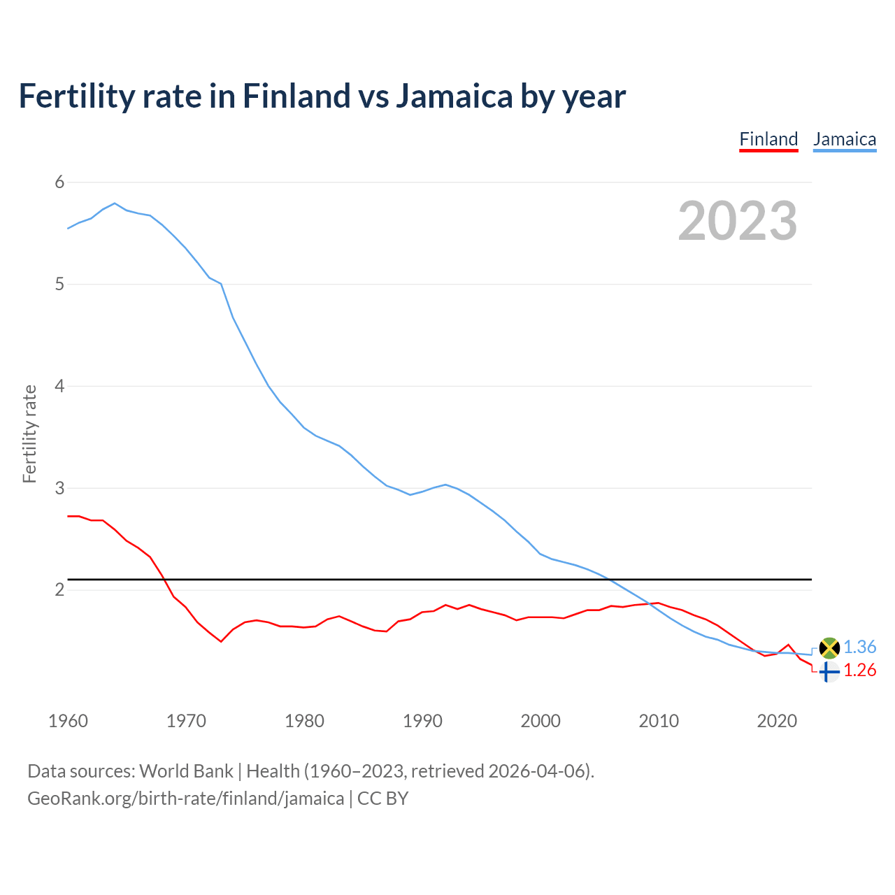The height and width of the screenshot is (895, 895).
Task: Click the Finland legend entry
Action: pos(768,139)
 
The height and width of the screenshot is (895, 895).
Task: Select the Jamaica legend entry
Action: pos(845,139)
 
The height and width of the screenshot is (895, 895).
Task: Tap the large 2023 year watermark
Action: pos(738,221)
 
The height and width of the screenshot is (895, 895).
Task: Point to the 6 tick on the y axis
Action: pos(59,182)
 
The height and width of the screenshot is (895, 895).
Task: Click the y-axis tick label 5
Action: pos(59,285)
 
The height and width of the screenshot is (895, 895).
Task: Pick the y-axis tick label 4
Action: pos(59,386)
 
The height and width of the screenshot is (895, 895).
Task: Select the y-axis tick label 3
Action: pos(59,488)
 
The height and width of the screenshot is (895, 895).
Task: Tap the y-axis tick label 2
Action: pos(59,589)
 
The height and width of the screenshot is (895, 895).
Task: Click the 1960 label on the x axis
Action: pos(68,721)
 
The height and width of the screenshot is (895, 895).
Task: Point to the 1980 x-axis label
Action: pos(304,721)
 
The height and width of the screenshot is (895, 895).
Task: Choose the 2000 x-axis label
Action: pos(540,721)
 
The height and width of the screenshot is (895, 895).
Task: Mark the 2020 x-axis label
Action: pos(777,721)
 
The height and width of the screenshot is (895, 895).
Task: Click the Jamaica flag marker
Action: pos(829,648)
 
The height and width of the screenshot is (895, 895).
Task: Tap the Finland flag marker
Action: pos(829,672)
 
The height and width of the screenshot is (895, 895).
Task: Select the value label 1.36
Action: pos(859,647)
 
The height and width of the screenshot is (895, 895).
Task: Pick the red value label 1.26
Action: pos(859,671)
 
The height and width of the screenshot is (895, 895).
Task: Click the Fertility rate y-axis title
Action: pos(29,434)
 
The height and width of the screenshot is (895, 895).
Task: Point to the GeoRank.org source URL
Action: pos(185,799)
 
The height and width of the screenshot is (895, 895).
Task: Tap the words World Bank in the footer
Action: pos(186,771)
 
